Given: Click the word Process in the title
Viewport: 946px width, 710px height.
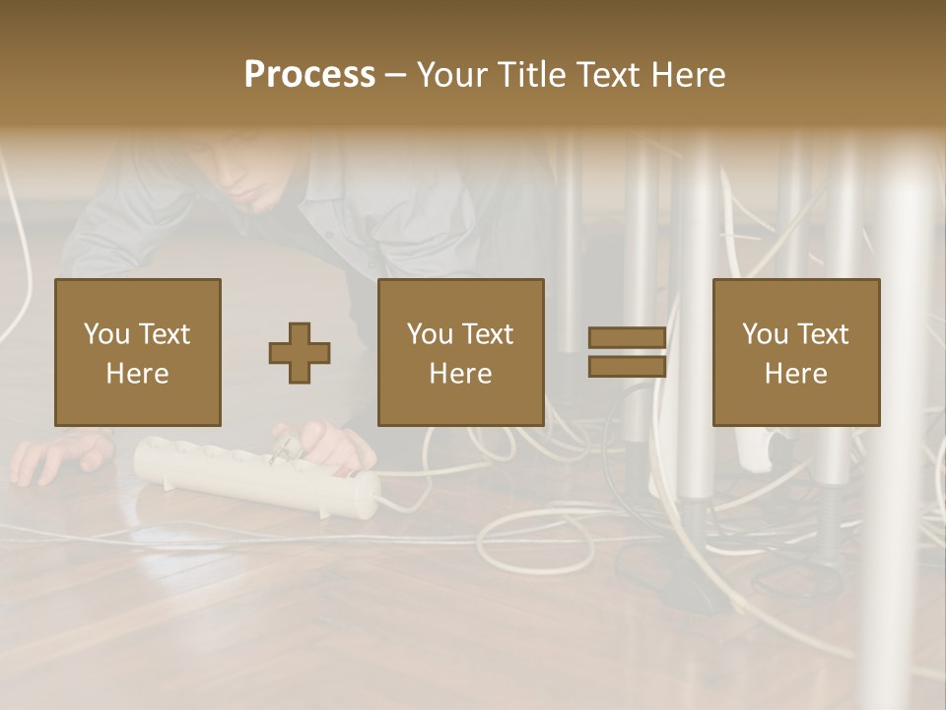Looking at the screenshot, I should (309, 74).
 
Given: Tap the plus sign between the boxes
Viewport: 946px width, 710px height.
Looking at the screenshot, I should (300, 352).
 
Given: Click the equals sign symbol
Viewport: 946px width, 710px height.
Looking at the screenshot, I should (627, 352).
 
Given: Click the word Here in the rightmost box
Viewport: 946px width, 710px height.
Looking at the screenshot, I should (796, 374).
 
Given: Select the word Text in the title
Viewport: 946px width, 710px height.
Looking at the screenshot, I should (608, 74).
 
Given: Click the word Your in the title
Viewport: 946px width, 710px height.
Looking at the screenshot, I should (454, 74).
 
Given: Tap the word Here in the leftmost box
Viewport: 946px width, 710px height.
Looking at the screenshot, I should (138, 374).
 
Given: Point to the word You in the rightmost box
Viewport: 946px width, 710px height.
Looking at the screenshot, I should (765, 333).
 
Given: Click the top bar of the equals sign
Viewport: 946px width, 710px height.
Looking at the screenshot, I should (627, 337).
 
